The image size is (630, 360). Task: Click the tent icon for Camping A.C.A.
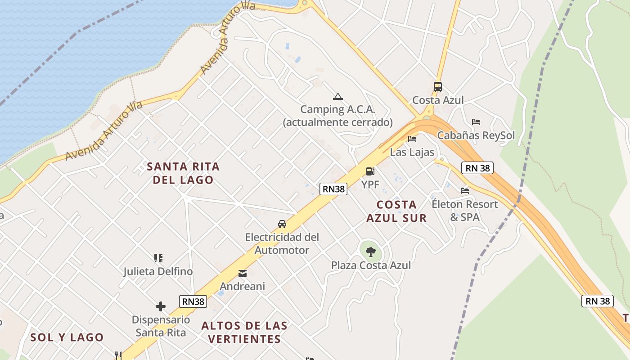pyautogui.click(x=337, y=96)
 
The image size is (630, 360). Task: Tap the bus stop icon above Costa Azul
pyautogui.click(x=437, y=87)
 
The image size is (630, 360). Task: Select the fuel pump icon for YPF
pyautogui.click(x=370, y=171)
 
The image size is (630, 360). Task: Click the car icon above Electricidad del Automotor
pyautogui.click(x=282, y=224)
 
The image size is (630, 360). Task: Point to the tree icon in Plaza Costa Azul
pyautogui.click(x=371, y=252)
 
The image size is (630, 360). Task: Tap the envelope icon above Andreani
pyautogui.click(x=243, y=273)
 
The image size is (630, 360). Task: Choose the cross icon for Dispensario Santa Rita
pyautogui.click(x=161, y=307)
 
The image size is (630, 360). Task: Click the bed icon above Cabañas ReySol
pyautogui.click(x=476, y=122)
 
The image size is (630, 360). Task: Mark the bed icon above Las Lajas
pyautogui.click(x=412, y=139)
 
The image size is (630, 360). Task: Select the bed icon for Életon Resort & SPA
pyautogui.click(x=465, y=191)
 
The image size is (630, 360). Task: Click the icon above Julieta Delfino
pyautogui.click(x=158, y=258)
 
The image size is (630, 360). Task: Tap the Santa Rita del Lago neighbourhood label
pyautogui.click(x=183, y=173)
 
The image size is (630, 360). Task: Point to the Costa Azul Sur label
pyautogui.click(x=396, y=211)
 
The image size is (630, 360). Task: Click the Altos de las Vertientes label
pyautogui.click(x=244, y=332)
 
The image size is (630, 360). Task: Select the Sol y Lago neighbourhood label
pyautogui.click(x=67, y=337)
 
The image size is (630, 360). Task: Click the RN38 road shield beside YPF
pyautogui.click(x=333, y=189)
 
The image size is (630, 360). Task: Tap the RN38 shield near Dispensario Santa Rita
pyautogui.click(x=193, y=301)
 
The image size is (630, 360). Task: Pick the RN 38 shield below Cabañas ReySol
pyautogui.click(x=477, y=168)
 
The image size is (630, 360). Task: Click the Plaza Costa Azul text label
pyautogui.click(x=371, y=265)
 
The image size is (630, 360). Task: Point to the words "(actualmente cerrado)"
pyautogui.click(x=337, y=122)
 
